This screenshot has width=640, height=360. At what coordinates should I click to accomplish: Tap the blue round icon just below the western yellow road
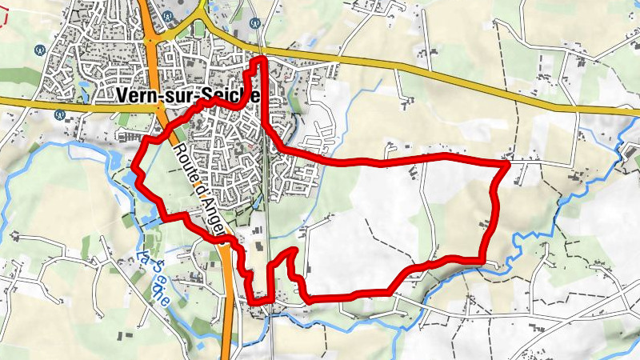click(x=59, y=114)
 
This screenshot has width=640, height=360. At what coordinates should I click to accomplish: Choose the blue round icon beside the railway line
click(x=254, y=23)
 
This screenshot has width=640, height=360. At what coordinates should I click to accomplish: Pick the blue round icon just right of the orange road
click(x=167, y=15)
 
